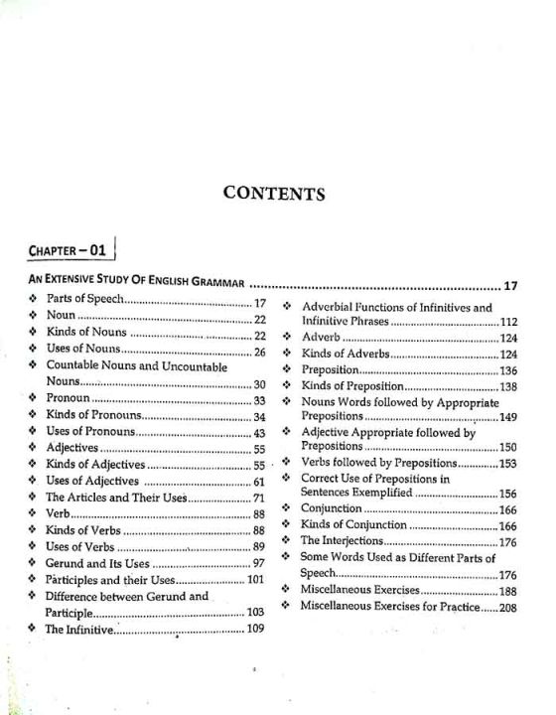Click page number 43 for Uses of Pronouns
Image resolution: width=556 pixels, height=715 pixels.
tap(260, 433)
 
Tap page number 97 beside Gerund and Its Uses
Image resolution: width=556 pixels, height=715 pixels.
tap(260, 563)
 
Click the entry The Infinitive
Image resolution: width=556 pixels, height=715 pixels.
tap(79, 629)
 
